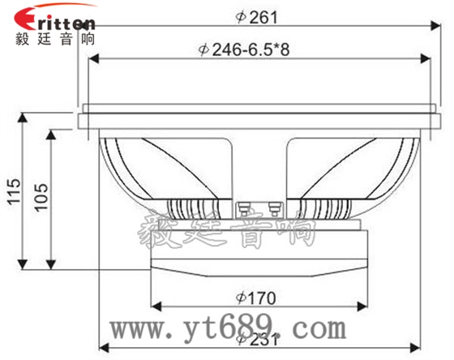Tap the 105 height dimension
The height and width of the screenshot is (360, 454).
point(41,197)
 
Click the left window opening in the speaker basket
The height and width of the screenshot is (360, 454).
point(195,166)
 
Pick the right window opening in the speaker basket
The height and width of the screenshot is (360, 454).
point(324,166)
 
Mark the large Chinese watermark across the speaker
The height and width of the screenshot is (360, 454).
point(227,227)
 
